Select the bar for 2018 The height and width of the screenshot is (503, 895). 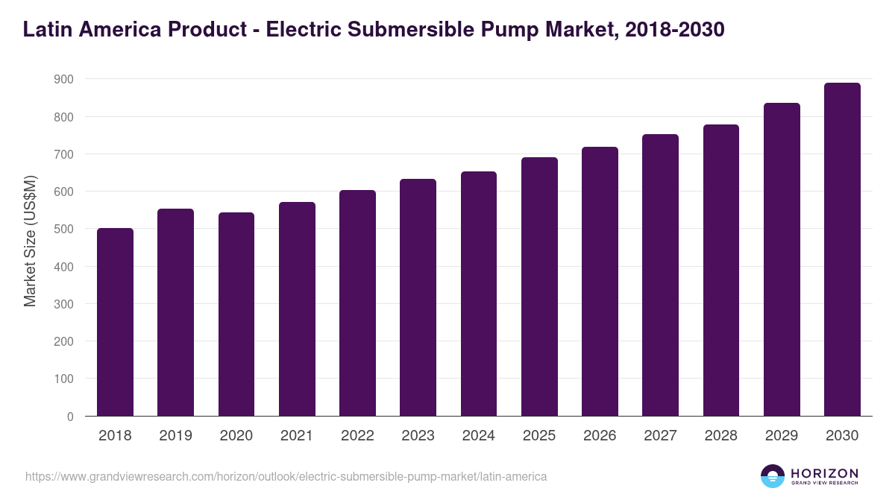pyautogui.click(x=115, y=322)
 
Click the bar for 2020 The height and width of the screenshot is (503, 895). pyautogui.click(x=236, y=314)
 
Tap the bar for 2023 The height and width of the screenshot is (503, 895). pyautogui.click(x=418, y=297)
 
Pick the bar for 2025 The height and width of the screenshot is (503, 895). pyautogui.click(x=539, y=287)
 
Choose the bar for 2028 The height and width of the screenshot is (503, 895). pyautogui.click(x=721, y=271)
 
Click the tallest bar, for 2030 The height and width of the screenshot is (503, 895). pyautogui.click(x=842, y=250)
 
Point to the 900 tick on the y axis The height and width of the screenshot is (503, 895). pyautogui.click(x=63, y=79)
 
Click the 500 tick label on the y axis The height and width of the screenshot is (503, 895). pyautogui.click(x=63, y=230)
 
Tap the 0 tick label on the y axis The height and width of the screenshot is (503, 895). pyautogui.click(x=69, y=417)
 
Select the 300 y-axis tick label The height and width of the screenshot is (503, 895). pyautogui.click(x=63, y=304)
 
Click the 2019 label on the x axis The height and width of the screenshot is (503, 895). pyautogui.click(x=175, y=436)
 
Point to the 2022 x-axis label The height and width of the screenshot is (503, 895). pyautogui.click(x=357, y=436)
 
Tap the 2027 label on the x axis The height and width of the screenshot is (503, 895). pyautogui.click(x=660, y=436)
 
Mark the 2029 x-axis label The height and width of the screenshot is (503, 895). pyautogui.click(x=782, y=436)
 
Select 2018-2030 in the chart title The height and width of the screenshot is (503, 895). pyautogui.click(x=673, y=30)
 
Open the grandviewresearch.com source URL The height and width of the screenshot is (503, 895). pyautogui.click(x=286, y=476)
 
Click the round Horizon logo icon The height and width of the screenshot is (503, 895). pyautogui.click(x=773, y=476)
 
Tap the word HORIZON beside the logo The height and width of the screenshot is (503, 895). pyautogui.click(x=825, y=472)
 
